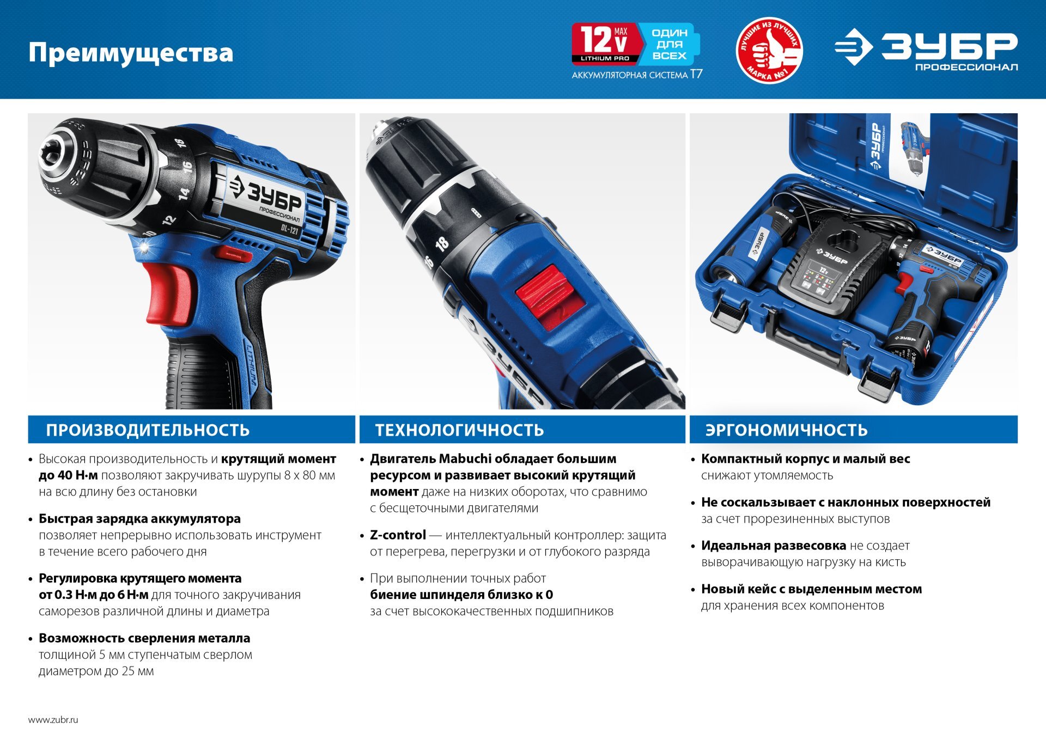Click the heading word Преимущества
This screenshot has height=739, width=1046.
(x=131, y=53)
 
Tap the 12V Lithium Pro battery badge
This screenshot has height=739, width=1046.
(x=604, y=44)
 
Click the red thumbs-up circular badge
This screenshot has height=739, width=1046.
(x=769, y=50)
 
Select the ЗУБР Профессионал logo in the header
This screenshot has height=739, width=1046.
(x=926, y=50)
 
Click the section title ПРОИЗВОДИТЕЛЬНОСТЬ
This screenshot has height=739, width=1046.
(x=148, y=430)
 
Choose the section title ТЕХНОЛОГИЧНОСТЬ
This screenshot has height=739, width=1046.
(x=459, y=430)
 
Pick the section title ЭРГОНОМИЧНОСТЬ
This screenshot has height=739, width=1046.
(x=786, y=430)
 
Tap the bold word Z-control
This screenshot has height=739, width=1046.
(x=398, y=535)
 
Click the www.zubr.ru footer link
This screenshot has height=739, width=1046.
(x=53, y=719)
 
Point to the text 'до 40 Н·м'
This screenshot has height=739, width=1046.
(x=69, y=475)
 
